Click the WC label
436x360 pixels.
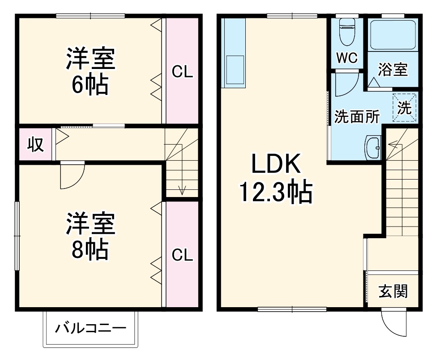(x=346, y=58)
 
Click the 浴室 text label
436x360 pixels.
(x=393, y=70)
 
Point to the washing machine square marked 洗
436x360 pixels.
(x=405, y=107)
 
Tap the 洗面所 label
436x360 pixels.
(x=357, y=117)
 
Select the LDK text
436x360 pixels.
(x=275, y=165)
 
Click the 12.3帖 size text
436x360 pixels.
(x=275, y=193)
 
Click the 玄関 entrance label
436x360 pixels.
(x=393, y=292)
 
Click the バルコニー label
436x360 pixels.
(x=90, y=329)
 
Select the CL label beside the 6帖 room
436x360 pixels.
(x=183, y=72)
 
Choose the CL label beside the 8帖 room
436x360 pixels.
(x=183, y=255)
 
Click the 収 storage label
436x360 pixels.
(x=36, y=145)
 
